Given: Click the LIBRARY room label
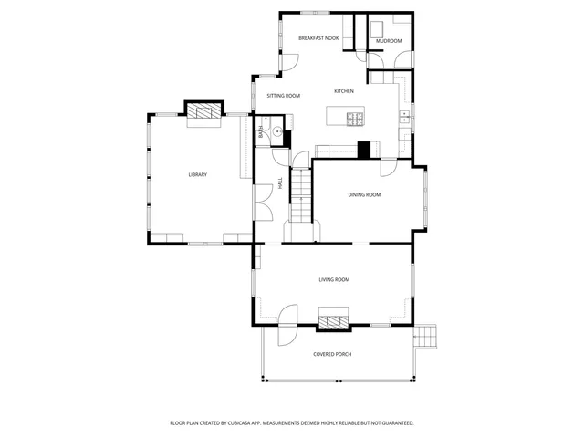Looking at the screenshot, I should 197,174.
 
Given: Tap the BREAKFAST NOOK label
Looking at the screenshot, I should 318,38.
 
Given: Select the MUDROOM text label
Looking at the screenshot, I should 389,40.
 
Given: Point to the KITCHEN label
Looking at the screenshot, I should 344,91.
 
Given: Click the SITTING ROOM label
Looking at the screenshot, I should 283,96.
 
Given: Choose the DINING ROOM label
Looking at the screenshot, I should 364,194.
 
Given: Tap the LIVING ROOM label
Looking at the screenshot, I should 334,279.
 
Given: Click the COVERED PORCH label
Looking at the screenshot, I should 332,354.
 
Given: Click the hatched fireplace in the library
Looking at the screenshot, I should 205,110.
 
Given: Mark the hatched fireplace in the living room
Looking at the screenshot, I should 333,319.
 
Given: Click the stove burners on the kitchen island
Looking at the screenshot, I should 353,117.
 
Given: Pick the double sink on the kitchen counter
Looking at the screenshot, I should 402,117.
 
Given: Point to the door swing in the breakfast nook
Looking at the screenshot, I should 288,62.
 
